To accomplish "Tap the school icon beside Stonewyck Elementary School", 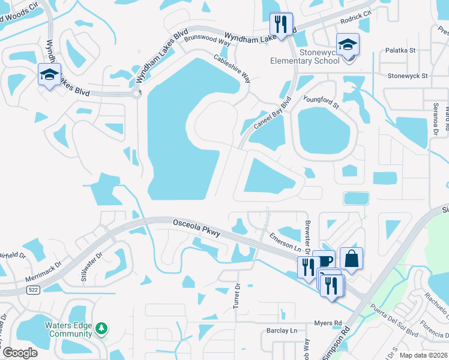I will (347, 45).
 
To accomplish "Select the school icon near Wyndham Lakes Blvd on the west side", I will (49, 74).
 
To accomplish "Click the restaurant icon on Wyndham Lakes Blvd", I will (280, 25).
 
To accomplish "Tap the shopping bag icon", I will (351, 259).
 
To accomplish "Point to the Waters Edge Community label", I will (68, 330).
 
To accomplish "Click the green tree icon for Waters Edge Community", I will (102, 328).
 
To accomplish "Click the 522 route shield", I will (33, 290).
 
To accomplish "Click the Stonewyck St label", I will (407, 76).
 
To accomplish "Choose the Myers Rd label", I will (328, 323).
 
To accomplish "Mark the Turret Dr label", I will (237, 296).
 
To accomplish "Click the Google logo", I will (20, 352).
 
